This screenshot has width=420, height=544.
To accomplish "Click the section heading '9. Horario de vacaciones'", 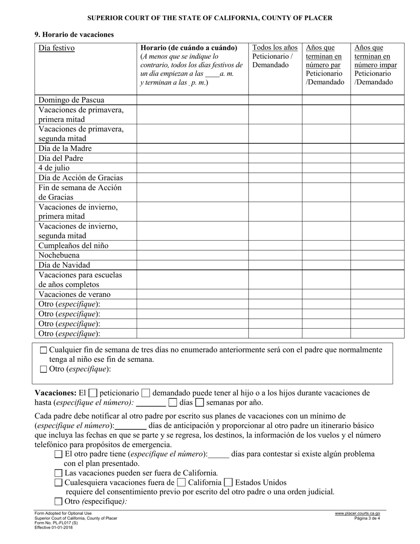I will [x=74, y=34].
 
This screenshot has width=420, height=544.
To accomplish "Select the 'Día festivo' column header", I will [x=57, y=48].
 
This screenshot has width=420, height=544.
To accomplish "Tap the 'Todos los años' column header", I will [x=275, y=48].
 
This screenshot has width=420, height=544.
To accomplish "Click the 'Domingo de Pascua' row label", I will [x=72, y=100].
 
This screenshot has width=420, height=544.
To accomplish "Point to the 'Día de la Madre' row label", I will [x=65, y=149].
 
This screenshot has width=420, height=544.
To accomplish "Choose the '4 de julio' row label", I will [x=54, y=168].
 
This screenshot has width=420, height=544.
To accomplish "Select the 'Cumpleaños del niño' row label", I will [x=73, y=245].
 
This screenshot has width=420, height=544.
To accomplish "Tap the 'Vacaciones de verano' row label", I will [x=74, y=294].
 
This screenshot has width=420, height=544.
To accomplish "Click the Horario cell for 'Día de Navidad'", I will [x=192, y=265].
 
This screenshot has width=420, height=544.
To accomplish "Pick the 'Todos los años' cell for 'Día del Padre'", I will [x=275, y=158].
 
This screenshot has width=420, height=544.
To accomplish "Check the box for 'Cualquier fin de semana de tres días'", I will [x=44, y=350].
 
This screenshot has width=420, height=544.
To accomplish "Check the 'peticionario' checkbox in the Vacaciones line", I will [x=93, y=393].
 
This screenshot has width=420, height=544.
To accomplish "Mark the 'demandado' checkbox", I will [x=146, y=393].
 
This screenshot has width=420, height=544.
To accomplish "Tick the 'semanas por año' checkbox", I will [x=200, y=402].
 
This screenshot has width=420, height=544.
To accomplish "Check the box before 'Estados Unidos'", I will [x=229, y=483].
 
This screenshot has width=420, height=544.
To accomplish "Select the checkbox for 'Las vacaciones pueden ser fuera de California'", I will [x=58, y=473].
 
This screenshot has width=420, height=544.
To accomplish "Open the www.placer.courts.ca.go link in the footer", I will [x=357, y=513].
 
